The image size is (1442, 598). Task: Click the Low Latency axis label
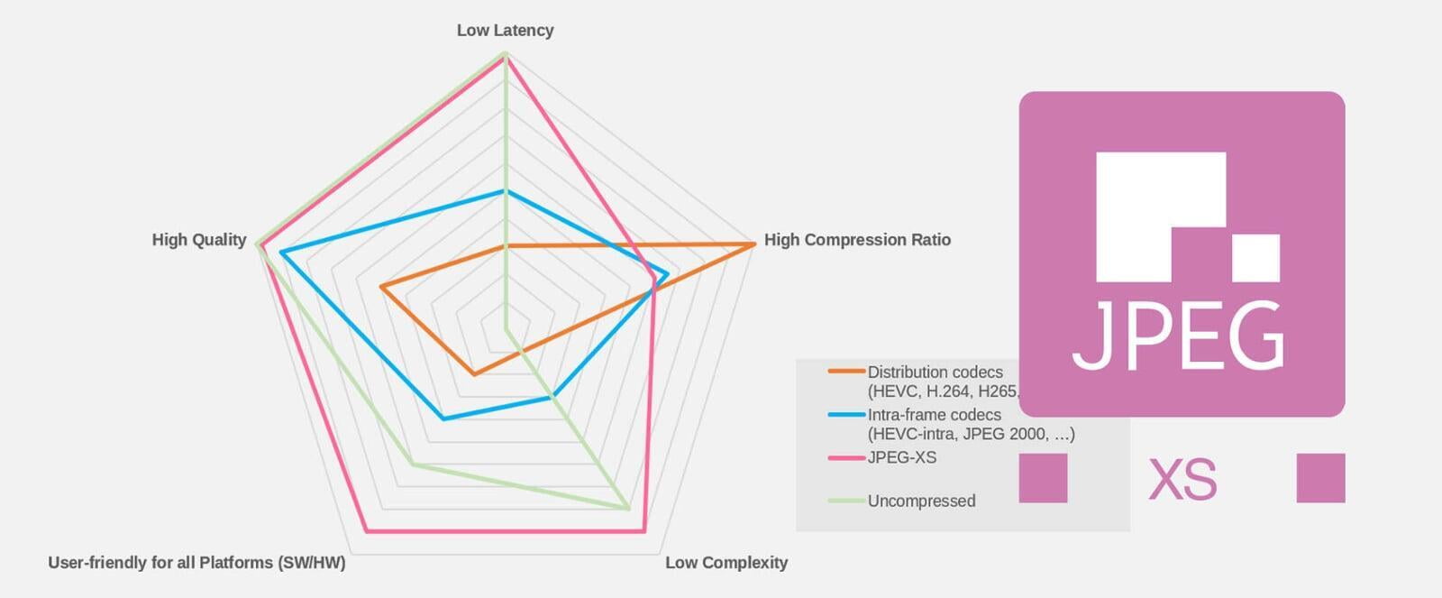point(505,30)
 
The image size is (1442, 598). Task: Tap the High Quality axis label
point(198,239)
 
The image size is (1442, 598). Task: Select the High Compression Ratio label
point(857,239)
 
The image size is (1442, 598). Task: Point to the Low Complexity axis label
point(726,562)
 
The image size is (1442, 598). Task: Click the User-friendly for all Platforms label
point(196,562)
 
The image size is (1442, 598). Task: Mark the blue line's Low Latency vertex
point(506,191)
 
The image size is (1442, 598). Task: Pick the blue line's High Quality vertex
point(281,253)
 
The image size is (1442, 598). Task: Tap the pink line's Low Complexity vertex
point(645,531)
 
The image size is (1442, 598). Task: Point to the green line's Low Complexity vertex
point(628,509)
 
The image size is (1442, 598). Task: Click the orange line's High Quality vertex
point(381,287)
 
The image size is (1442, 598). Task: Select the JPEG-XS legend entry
point(901,457)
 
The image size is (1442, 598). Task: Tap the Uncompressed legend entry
point(920,501)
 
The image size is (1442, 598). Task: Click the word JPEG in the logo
point(1179,336)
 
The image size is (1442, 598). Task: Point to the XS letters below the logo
point(1182,479)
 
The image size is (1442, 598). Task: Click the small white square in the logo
point(1255,257)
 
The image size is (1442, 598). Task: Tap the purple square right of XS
point(1320,478)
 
